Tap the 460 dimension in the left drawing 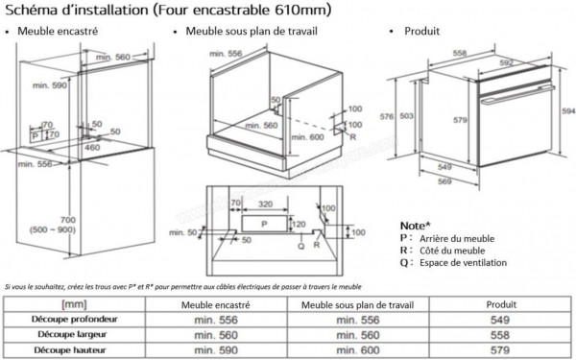point(92,148)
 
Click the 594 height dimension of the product point(567,111)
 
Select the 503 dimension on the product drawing point(407,116)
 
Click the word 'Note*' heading point(414,224)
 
